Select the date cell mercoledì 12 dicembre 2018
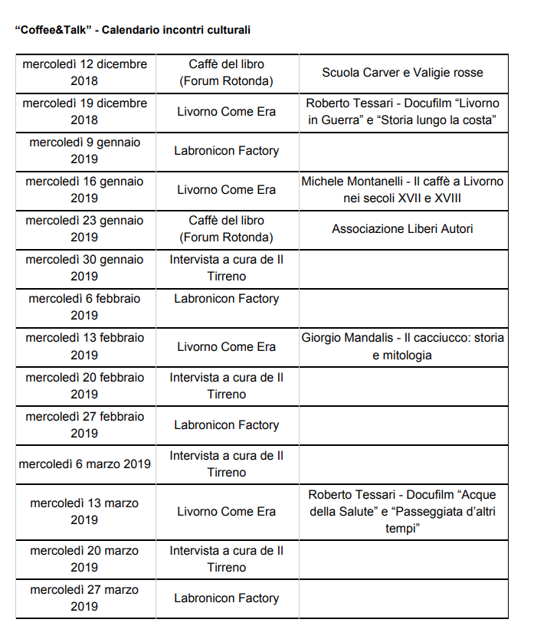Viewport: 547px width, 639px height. point(84,73)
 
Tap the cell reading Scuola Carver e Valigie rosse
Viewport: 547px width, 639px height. point(402,73)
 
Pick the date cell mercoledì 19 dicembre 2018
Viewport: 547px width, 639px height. point(84,112)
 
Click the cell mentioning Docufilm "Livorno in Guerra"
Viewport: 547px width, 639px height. point(402,111)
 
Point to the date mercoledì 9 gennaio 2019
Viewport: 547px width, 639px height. point(84,151)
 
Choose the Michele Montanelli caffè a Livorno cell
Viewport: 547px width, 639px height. point(402,190)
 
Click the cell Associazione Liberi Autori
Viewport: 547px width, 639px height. point(402,229)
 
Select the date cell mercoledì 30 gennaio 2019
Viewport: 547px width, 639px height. point(84,268)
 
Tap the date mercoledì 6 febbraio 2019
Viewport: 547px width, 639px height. point(84,307)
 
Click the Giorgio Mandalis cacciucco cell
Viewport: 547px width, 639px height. point(402,346)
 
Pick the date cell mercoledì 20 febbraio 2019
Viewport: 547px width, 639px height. point(84,386)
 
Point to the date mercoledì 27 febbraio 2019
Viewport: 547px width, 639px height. point(84,425)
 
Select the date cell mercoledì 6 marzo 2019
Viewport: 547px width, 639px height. point(84,464)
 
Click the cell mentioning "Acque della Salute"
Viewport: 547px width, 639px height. point(402,511)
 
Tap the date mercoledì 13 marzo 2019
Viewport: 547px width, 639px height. point(84,512)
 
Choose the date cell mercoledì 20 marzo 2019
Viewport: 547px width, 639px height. point(84,559)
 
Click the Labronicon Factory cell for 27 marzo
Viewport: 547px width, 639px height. point(227,598)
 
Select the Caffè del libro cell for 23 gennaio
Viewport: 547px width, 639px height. point(227,229)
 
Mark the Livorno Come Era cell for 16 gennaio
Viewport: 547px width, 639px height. point(227,190)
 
